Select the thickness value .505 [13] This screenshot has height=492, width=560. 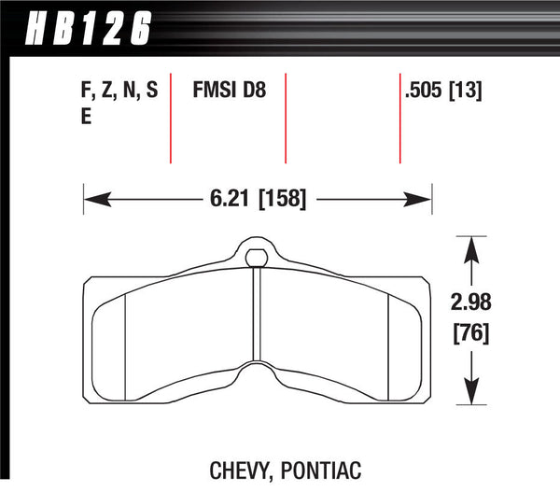(x=446, y=92)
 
